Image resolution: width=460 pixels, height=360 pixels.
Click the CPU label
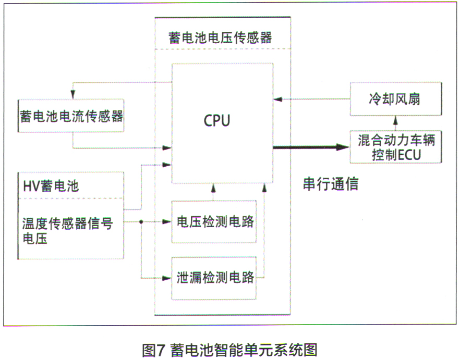(x=217, y=120)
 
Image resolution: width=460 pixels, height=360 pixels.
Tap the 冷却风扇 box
(x=396, y=99)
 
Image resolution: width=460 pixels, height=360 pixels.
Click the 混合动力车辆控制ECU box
(x=396, y=147)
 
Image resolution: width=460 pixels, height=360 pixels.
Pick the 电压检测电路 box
(x=214, y=222)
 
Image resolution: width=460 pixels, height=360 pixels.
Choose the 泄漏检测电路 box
(x=214, y=278)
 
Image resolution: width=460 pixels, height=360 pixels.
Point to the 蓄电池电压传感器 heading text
(x=220, y=38)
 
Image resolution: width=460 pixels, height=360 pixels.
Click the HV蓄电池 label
(x=51, y=185)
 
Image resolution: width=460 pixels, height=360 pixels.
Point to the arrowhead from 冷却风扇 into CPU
(x=279, y=99)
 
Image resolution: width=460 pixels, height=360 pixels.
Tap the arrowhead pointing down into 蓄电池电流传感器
(x=73, y=94)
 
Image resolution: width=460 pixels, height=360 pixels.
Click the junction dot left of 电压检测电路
(x=141, y=222)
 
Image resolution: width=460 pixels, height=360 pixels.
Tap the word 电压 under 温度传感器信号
(x=34, y=239)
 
